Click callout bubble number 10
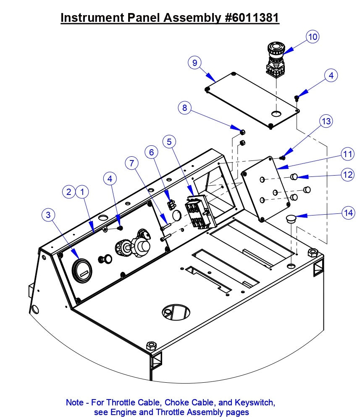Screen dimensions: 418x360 pos(312,37)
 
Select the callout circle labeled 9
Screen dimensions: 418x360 pos(194,63)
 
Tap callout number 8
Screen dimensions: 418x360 pos(185,108)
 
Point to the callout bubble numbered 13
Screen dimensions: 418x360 pos(326,121)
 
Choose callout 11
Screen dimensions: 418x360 pos(347,154)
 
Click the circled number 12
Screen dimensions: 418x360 pos(347,174)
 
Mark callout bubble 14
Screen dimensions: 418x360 pos(347,213)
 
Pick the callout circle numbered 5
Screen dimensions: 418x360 pos(169,142)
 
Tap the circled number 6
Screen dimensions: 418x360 pos(152,152)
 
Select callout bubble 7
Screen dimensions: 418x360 pos(132,162)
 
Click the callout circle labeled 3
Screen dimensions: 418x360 pos(49,215)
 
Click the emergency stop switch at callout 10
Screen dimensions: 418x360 pos(276,57)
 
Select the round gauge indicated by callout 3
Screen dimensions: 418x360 pos(82,269)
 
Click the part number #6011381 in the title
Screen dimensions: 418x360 pos(250,18)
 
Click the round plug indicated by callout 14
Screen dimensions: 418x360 pos(291,219)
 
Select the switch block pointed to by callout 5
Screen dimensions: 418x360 pos(200,211)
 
